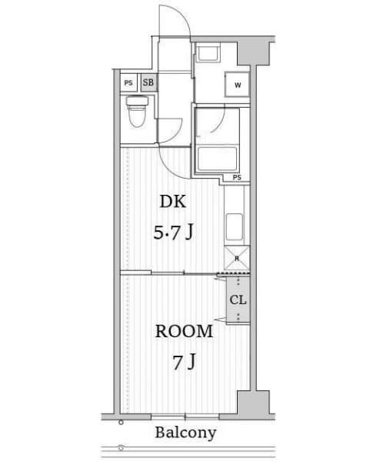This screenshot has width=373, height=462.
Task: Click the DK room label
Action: [173, 202]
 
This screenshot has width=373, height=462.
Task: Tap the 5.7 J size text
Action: [173, 233]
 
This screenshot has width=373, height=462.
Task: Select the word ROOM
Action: [184, 331]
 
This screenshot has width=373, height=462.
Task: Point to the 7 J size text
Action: [184, 362]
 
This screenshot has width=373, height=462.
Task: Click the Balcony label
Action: [185, 433]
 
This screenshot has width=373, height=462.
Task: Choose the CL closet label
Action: [238, 300]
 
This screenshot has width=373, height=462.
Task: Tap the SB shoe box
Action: [148, 82]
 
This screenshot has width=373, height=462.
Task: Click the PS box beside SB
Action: [128, 82]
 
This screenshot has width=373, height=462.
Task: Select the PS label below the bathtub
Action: [237, 177]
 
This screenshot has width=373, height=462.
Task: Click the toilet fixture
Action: [137, 111]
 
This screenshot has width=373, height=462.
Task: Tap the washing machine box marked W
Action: [238, 85]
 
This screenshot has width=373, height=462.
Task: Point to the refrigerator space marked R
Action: [237, 259]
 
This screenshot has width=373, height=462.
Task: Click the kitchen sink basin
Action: [235, 227]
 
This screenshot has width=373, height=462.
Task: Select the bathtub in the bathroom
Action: [218, 159]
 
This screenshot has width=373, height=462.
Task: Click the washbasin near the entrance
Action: [208, 52]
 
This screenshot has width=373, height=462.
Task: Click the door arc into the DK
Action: [171, 168]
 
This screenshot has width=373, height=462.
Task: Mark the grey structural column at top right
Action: [254, 53]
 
